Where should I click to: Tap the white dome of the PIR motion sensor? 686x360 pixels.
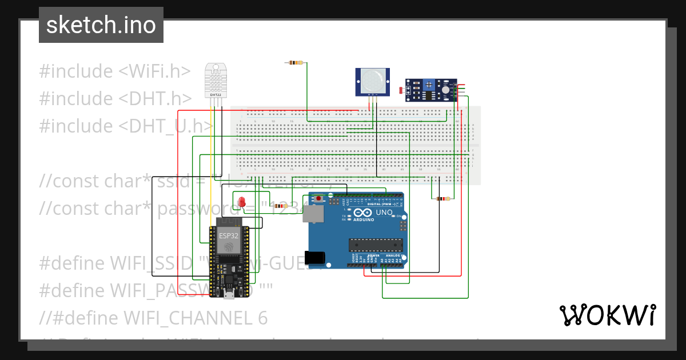372,79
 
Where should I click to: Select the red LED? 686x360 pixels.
242,202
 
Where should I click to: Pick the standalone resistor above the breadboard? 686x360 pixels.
295,62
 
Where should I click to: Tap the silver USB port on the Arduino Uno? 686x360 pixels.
313,214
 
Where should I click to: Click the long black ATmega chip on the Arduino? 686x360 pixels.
377,245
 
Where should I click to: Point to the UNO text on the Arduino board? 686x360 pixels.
384,213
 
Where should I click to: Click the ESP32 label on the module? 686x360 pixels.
228,235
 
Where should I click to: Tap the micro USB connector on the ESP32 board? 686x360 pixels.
229,294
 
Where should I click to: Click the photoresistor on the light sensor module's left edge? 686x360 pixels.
402,89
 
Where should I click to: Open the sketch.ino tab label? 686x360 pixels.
101,25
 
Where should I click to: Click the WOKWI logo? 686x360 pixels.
607,315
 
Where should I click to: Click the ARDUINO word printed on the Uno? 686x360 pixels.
364,219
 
